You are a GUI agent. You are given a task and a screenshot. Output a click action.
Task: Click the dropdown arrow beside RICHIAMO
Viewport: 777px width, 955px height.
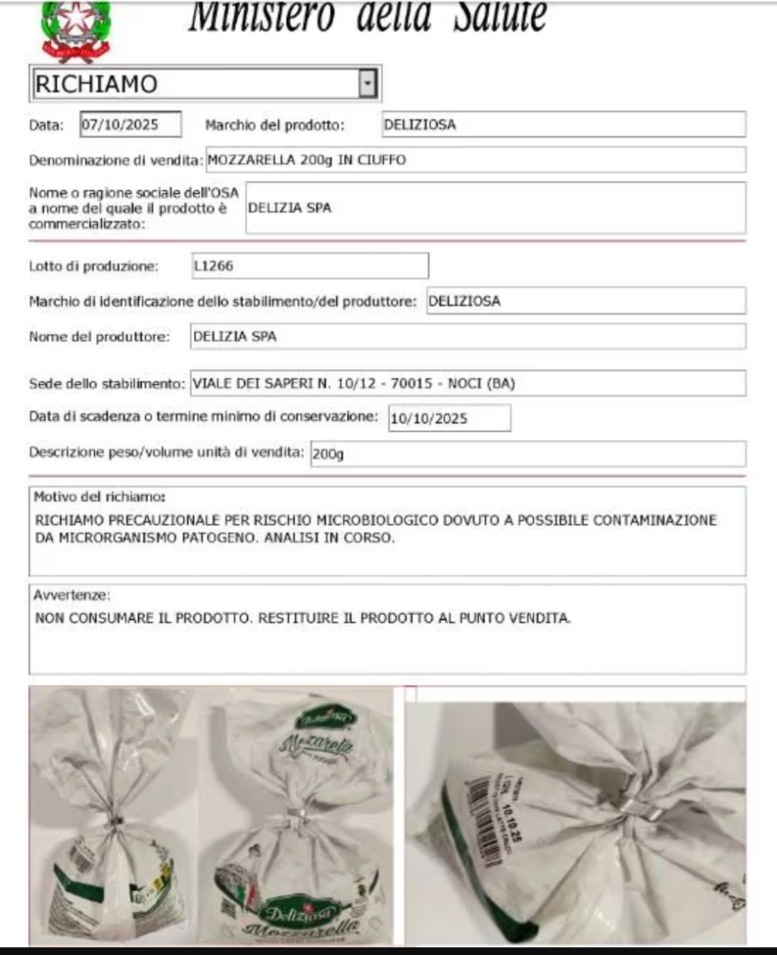point(369,84)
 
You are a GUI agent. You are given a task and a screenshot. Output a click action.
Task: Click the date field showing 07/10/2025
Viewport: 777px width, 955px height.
point(130,124)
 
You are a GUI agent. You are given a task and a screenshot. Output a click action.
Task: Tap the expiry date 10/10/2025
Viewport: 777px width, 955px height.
point(429,419)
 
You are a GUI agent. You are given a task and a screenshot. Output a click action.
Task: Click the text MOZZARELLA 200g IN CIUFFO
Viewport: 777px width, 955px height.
point(307,160)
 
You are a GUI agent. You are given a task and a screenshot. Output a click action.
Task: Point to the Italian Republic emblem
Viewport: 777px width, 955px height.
point(75,29)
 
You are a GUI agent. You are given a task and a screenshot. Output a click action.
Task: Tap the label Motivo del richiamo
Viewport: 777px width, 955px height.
point(99,497)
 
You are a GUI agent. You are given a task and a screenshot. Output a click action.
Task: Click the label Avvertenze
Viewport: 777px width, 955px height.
point(73,595)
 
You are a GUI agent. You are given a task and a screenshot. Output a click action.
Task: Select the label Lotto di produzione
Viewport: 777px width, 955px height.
point(94,266)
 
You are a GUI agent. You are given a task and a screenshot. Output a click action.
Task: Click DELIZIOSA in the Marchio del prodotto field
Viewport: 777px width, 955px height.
point(420,124)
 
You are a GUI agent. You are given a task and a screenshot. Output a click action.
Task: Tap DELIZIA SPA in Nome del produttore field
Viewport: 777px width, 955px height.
point(235,337)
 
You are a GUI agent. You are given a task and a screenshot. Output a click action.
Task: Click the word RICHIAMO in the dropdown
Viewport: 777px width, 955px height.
point(96,84)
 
